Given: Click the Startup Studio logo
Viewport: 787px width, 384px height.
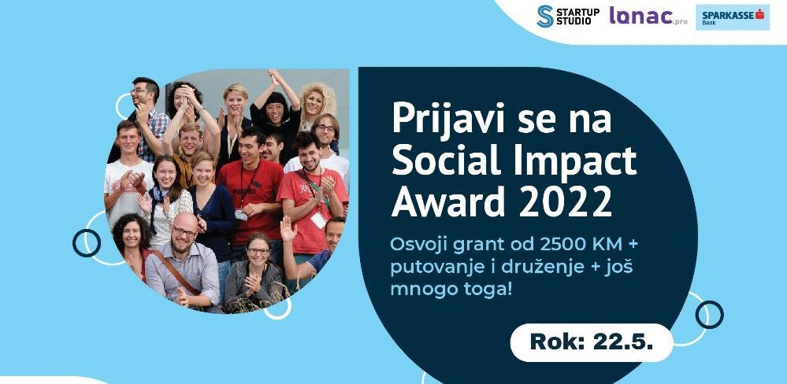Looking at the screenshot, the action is (568, 16).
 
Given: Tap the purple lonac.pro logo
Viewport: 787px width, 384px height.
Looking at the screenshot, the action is (648, 16).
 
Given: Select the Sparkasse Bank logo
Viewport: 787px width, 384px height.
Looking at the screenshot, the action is (733, 17).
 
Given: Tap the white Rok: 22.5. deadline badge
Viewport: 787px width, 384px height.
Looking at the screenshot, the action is (592, 342).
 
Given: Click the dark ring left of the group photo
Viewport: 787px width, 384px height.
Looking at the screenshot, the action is (87, 243).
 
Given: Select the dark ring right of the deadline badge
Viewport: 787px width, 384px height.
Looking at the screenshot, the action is (709, 315).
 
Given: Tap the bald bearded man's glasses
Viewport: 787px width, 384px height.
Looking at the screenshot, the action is (184, 231).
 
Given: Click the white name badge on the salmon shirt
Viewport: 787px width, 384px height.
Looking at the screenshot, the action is (318, 220).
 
